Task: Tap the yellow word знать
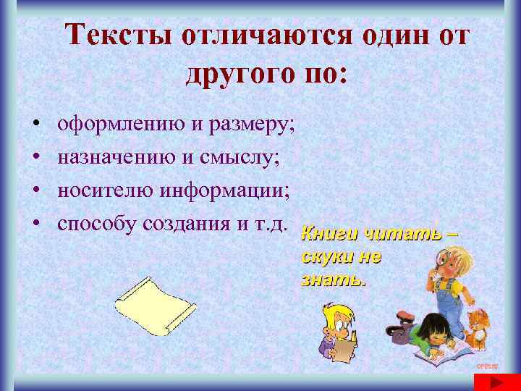(334, 279)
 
